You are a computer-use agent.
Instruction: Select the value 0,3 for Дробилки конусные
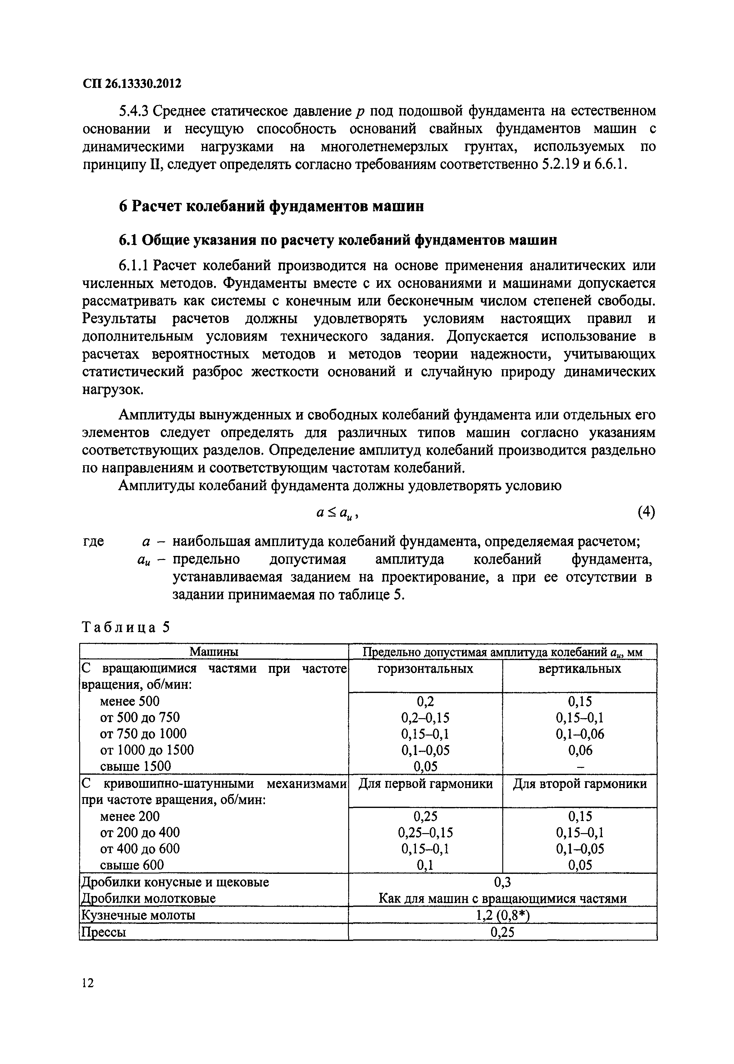tap(502, 882)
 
